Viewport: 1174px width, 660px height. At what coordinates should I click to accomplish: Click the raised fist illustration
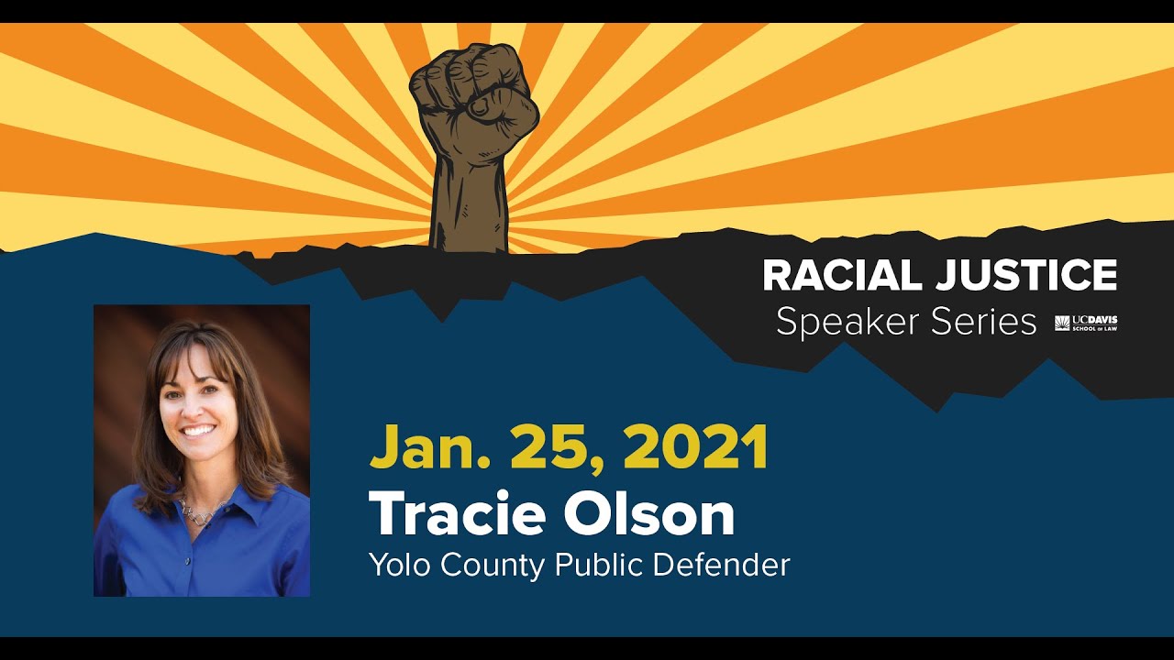click(471, 137)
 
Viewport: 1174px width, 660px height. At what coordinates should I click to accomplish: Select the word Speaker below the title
click(847, 323)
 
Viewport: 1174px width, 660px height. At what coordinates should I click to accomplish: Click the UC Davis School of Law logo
click(1086, 323)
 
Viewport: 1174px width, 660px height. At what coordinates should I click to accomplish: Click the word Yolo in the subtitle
click(400, 565)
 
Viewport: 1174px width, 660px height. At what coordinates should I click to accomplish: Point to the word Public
click(600, 565)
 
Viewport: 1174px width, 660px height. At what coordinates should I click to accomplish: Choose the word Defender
click(721, 565)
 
